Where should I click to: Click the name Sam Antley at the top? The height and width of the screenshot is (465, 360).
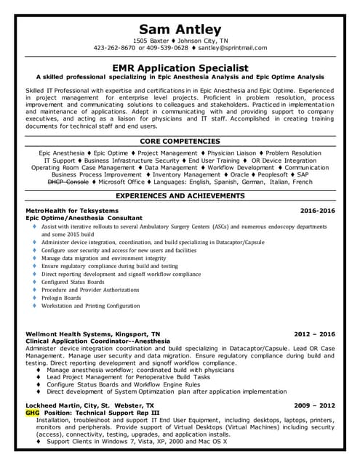(180, 28)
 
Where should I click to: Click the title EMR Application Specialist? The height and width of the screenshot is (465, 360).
(180, 67)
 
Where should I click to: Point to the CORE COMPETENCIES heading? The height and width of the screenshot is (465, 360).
(180, 141)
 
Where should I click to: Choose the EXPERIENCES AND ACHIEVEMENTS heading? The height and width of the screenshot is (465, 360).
(180, 196)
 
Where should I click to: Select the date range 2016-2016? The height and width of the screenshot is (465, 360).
(317, 210)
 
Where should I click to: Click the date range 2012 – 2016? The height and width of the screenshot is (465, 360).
(314, 334)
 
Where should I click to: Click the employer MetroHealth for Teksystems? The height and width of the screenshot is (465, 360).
(71, 210)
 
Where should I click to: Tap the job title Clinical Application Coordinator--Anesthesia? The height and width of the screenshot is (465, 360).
(97, 341)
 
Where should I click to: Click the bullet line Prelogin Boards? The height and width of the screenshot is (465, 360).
(61, 298)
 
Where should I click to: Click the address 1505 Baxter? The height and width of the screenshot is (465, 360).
(153, 41)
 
